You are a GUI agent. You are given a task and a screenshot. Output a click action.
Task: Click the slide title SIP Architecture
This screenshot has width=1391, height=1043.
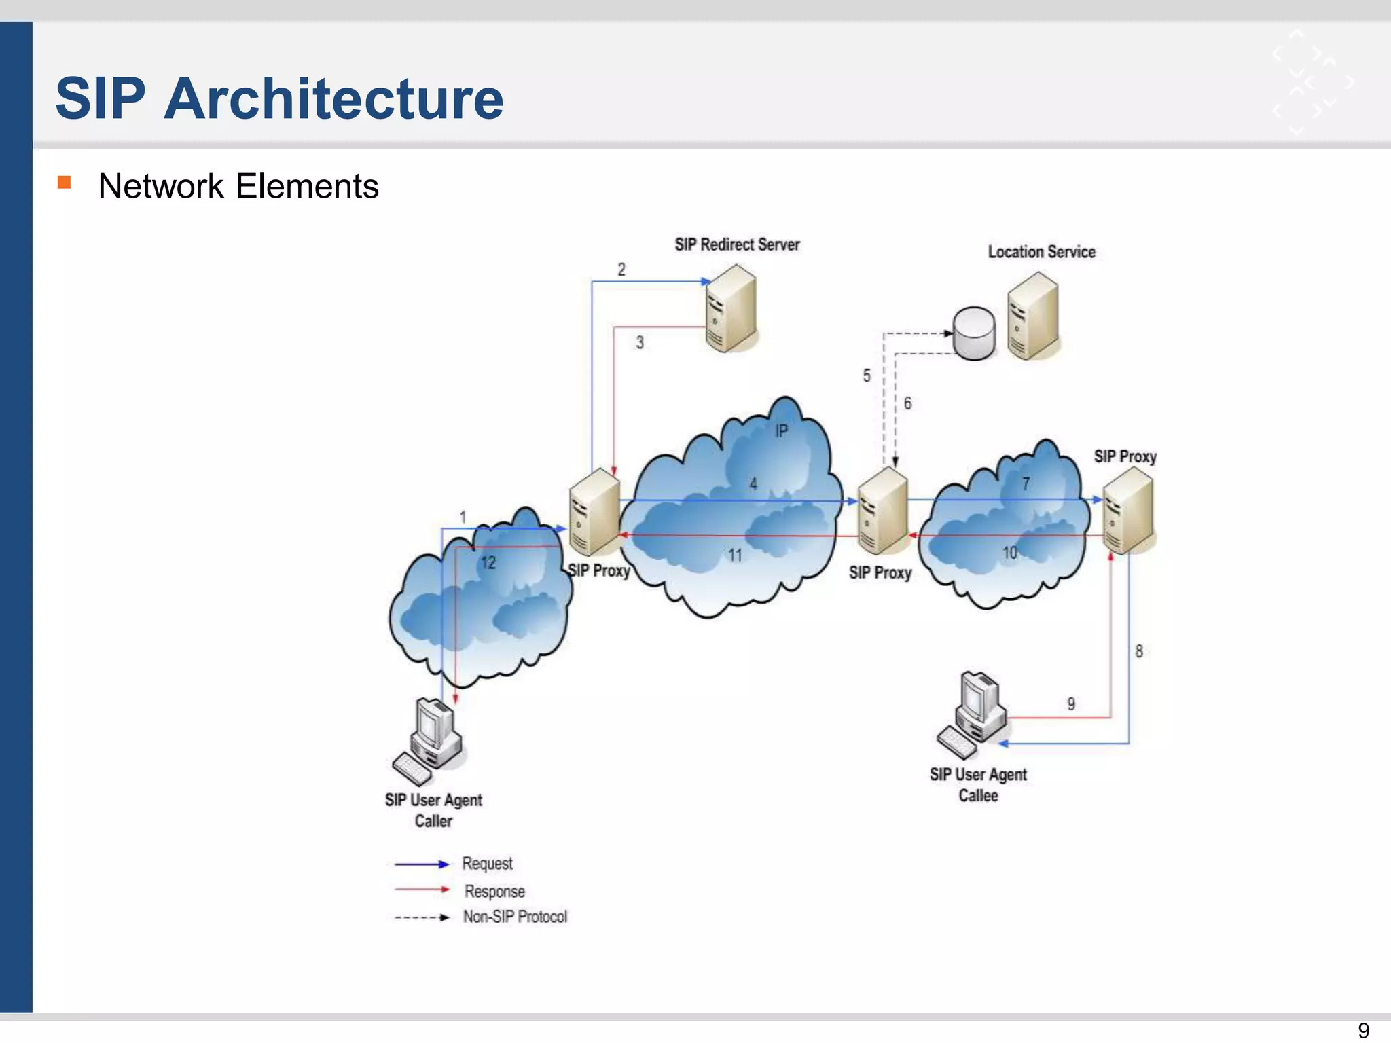coord(279,98)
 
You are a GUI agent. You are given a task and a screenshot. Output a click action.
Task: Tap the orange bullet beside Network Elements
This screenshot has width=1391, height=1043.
coord(65,182)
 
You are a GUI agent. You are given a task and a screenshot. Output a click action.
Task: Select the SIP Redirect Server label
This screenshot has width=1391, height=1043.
coord(737,244)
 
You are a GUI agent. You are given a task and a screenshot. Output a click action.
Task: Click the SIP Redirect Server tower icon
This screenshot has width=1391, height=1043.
coord(731,309)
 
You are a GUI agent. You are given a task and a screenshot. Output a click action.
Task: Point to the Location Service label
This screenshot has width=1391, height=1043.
coord(1041,252)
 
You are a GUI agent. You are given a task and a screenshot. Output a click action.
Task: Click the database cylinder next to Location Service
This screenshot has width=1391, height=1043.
coord(974,333)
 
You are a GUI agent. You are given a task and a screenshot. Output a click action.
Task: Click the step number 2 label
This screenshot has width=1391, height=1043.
coord(621,270)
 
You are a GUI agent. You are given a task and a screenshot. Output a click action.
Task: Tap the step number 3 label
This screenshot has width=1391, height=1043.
coord(640,342)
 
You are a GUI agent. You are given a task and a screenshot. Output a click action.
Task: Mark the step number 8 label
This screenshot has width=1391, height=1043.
coord(1139,651)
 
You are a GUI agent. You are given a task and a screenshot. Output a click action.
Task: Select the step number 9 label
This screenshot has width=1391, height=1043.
coord(1071,704)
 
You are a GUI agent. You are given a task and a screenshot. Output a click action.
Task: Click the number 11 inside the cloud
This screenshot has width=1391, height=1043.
coord(735,555)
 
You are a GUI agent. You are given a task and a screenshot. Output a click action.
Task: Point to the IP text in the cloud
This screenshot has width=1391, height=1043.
coord(782,431)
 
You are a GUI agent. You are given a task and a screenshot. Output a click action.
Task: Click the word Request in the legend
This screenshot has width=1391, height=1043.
coord(487,864)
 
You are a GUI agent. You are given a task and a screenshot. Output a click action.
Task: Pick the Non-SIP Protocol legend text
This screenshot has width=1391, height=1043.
coord(515,917)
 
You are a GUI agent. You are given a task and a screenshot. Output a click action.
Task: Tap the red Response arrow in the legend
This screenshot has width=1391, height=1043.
coord(422,890)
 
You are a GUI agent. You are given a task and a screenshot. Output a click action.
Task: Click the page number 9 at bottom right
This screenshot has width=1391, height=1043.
coord(1363,1030)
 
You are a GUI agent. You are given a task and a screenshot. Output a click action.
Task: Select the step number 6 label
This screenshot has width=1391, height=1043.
coord(907,403)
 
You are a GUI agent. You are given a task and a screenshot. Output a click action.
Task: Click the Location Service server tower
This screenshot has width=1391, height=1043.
coord(1033,316)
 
